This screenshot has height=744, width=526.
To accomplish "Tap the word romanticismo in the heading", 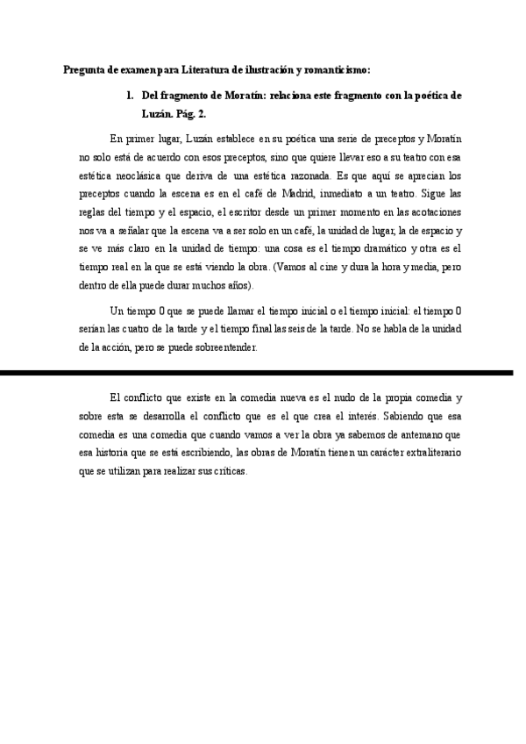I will pos(336,70).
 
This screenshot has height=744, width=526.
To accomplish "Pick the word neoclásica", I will pos(136,175).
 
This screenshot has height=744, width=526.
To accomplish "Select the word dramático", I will pos(371,248).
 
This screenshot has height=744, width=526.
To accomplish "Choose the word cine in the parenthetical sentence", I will pos(347,267).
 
